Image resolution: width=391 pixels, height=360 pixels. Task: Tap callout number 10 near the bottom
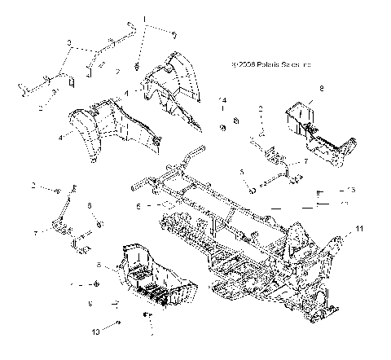click(95, 331)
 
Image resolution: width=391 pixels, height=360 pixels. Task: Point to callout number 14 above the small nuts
click(222, 99)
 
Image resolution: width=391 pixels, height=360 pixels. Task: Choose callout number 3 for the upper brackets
click(68, 42)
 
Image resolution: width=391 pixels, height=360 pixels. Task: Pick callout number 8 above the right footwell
click(321, 87)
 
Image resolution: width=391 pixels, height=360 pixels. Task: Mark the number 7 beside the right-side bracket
click(305, 163)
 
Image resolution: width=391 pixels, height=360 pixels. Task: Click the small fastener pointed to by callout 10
click(119, 323)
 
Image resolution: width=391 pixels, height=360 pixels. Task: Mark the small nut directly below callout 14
click(222, 129)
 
